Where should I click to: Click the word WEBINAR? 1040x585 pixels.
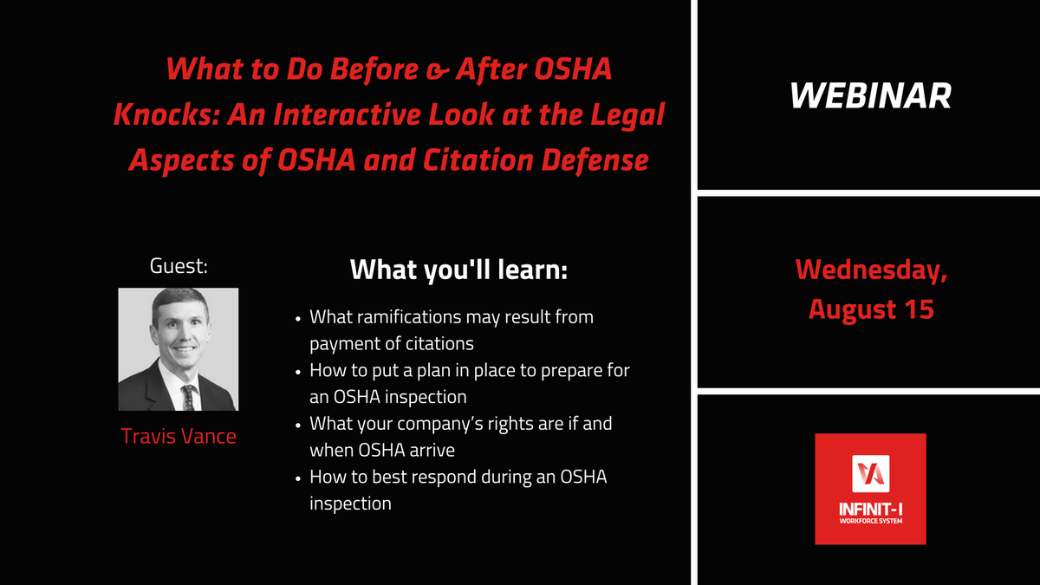coord(870,95)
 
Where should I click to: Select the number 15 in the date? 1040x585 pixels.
coord(920,309)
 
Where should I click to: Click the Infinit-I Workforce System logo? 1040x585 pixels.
coord(870,489)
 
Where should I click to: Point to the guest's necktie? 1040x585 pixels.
coord(189,398)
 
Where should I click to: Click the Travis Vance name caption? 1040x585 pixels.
coord(179,436)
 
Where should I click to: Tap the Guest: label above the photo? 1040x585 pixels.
coord(179,266)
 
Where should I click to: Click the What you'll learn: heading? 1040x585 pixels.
coord(458,270)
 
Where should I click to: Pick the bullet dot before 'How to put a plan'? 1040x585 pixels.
coord(298,372)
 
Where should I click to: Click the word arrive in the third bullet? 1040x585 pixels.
coord(430,451)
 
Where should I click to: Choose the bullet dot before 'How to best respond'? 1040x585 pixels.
coord(298,478)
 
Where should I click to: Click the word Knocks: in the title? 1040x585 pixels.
coord(166,114)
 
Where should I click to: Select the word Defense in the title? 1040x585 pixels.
coord(595,159)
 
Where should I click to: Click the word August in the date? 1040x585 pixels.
coord(852,310)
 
